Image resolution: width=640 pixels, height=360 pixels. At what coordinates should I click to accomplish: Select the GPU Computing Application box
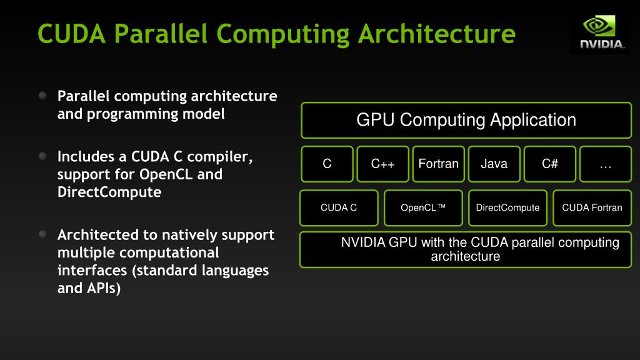point(466,120)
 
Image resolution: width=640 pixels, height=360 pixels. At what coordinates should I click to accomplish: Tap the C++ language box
point(383,164)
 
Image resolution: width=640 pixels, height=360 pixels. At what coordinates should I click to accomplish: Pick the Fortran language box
point(438,164)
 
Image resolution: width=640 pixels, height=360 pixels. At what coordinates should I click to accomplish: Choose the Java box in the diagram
point(494,164)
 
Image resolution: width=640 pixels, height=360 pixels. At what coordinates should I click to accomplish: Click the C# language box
point(550,164)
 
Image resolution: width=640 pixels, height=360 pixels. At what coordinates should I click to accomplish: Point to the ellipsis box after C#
point(605,164)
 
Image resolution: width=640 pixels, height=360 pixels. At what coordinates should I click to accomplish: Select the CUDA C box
point(339,207)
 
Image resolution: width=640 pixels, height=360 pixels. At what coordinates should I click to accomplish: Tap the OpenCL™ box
point(423,207)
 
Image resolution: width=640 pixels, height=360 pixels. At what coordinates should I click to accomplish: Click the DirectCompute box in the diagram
point(507,207)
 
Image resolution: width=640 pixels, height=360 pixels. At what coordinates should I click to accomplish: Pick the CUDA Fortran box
point(592,207)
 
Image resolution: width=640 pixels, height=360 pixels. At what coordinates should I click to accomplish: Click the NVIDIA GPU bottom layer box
point(466,249)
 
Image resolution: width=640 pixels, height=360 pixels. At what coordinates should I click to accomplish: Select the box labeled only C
point(327,164)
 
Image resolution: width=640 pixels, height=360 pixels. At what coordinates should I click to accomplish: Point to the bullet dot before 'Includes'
point(42,156)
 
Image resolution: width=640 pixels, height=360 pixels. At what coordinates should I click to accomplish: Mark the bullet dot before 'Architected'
point(42,235)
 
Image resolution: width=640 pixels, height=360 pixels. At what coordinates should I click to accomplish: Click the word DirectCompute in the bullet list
point(109,192)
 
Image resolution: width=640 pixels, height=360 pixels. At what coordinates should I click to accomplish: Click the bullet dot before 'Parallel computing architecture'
point(42,96)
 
